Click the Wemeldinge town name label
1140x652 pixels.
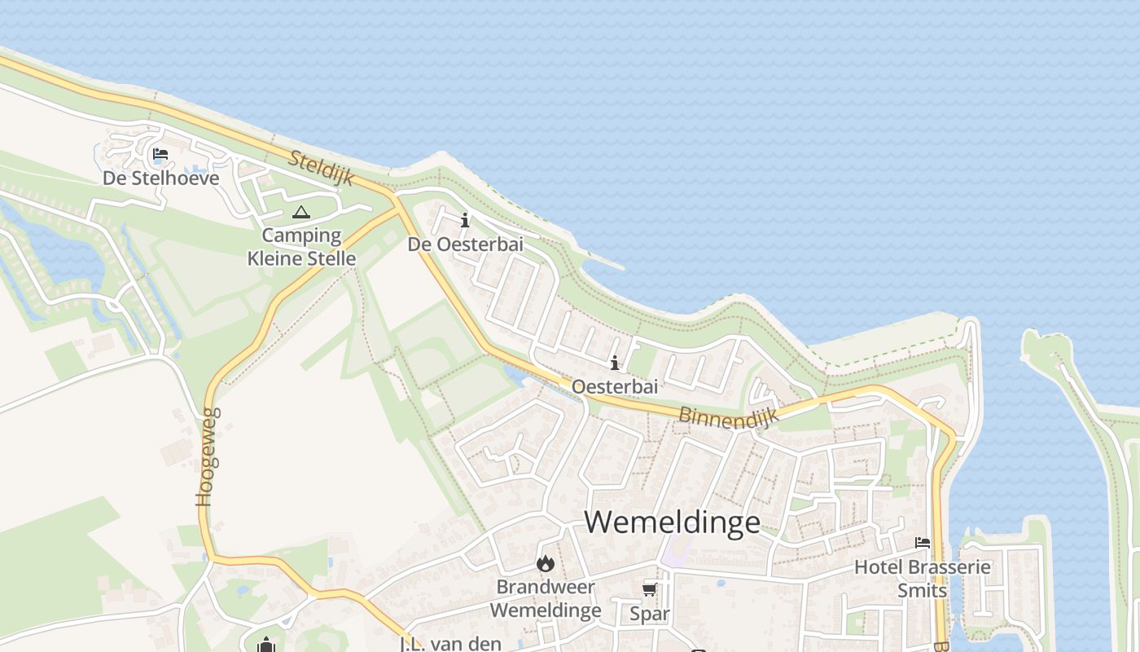[x=673, y=522]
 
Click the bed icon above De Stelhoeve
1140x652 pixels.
[x=160, y=154]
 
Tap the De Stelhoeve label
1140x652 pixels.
[x=161, y=178]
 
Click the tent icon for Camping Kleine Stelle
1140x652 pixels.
[x=301, y=214]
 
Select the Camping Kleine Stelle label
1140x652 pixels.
[x=301, y=247]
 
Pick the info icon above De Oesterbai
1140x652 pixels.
[x=465, y=220]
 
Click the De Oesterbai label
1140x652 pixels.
[x=465, y=244]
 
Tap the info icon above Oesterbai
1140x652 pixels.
[x=615, y=363]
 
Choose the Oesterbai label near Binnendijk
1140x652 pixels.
[x=615, y=386]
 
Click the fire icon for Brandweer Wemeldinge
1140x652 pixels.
[x=546, y=563]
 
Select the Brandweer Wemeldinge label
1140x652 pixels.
[x=546, y=598]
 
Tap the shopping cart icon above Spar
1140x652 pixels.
[x=650, y=589]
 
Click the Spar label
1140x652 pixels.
[x=650, y=614]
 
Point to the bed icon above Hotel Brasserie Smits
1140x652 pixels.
[x=923, y=543]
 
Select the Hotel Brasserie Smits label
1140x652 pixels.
[x=923, y=578]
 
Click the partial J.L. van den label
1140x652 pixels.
[x=450, y=644]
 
